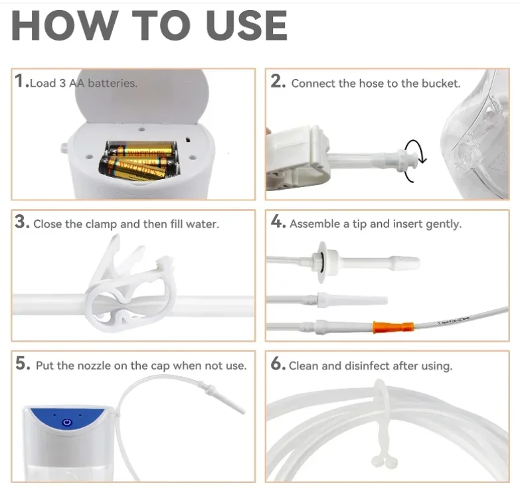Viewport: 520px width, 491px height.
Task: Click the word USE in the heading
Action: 246,25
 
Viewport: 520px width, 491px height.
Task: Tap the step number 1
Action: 19,81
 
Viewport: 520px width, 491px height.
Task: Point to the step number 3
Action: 22,222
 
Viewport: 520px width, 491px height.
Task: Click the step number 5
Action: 22,363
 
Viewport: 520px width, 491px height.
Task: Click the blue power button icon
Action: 67,422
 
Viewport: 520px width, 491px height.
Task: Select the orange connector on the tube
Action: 393,327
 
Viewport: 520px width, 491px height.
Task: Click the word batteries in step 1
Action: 112,83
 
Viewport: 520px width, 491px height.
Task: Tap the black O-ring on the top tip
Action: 322,262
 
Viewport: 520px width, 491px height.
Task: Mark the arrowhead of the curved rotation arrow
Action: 422,160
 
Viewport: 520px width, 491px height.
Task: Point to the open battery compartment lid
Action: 142,96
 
